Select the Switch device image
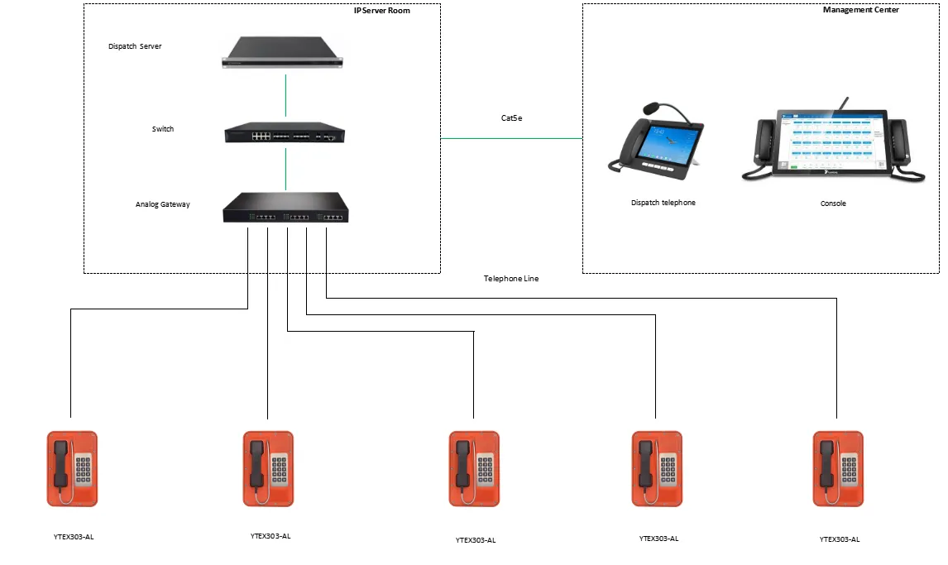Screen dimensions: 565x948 point(285,134)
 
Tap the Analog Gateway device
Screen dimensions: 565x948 point(285,208)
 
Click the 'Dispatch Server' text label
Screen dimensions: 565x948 point(135,46)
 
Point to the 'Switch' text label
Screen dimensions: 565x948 point(163,129)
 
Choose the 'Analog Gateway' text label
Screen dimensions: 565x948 point(163,204)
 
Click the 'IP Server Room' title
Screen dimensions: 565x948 point(382,11)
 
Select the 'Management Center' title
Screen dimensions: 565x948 point(861,10)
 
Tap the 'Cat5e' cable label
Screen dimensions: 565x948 point(511,118)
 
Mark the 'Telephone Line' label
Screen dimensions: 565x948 point(511,279)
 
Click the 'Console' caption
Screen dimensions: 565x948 point(833,203)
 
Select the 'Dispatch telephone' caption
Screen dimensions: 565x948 point(663,203)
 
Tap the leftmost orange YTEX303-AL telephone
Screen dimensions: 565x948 point(72,468)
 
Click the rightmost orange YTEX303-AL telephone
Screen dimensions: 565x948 point(838,468)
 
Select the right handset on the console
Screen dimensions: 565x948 point(898,145)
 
